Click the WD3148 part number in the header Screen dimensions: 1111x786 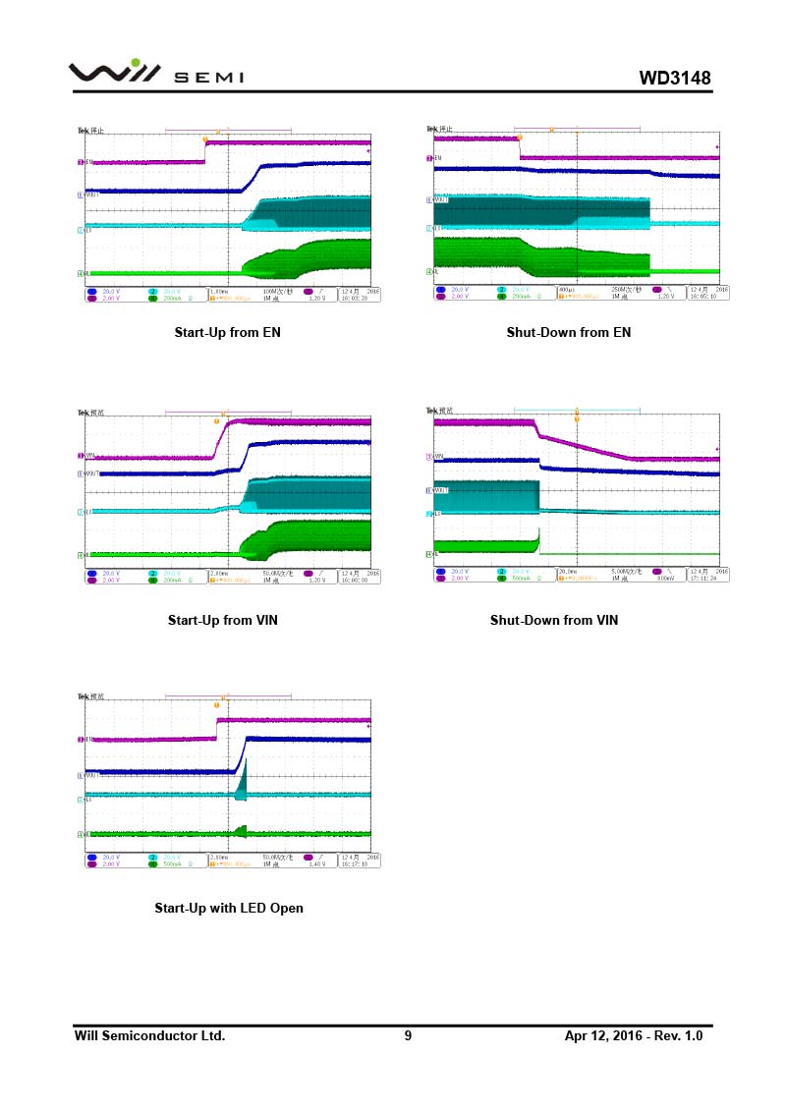[674, 78]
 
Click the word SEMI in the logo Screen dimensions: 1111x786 [208, 79]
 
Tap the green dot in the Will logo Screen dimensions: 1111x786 [136, 63]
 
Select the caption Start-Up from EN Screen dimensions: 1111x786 [227, 332]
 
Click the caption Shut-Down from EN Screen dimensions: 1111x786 [568, 332]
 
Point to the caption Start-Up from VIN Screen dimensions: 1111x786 [223, 620]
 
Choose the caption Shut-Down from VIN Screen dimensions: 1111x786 [554, 620]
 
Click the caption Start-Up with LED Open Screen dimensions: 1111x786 [229, 908]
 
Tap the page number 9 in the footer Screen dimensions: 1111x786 [408, 1035]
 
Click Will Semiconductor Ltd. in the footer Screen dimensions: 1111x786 [149, 1035]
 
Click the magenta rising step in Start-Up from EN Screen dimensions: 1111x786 [205, 152]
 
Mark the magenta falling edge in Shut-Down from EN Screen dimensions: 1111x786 [519, 148]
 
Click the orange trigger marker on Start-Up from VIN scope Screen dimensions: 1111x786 [216, 420]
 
